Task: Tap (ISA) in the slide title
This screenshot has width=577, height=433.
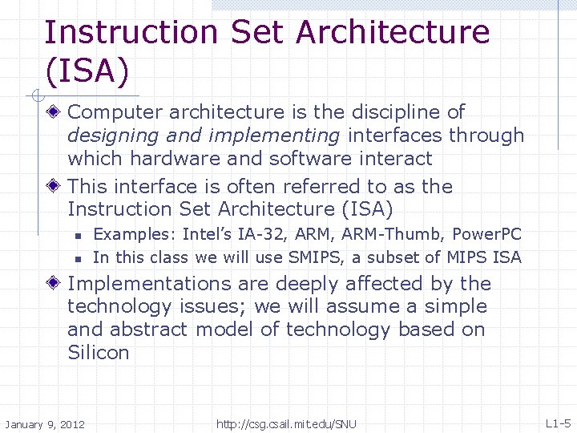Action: pyautogui.click(x=87, y=71)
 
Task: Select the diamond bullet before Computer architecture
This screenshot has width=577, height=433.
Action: pyautogui.click(x=54, y=112)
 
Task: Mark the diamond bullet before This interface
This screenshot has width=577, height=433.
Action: pyautogui.click(x=54, y=187)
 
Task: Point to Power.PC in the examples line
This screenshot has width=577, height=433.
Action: pyautogui.click(x=486, y=235)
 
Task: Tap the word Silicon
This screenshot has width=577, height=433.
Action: pyautogui.click(x=98, y=353)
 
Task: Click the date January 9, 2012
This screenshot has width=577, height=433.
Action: pyautogui.click(x=45, y=424)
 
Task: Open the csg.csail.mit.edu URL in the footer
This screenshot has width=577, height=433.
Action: pyautogui.click(x=286, y=424)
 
